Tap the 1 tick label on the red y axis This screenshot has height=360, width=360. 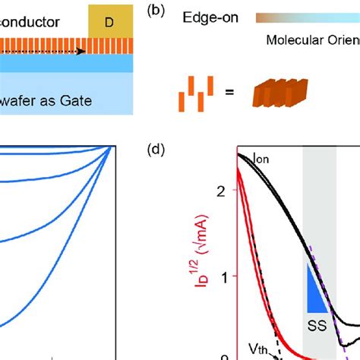point(223,276)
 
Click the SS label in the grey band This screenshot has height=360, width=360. point(316,324)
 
